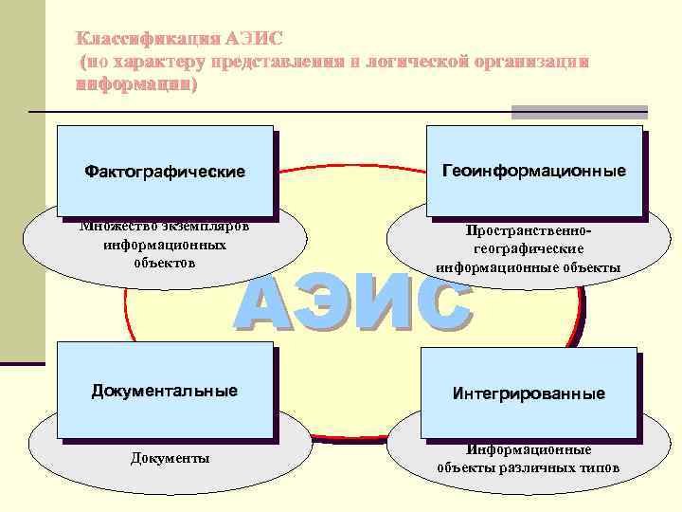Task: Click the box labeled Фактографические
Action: point(165,172)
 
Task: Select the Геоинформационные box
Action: point(534,171)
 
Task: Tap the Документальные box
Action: point(165,390)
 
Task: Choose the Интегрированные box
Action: point(529,393)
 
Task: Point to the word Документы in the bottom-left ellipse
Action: point(170,459)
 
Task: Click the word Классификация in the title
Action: point(148,39)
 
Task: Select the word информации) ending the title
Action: point(136,83)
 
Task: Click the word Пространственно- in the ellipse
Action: point(529,230)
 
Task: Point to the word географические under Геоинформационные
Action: point(529,248)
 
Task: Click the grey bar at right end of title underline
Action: point(579,112)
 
